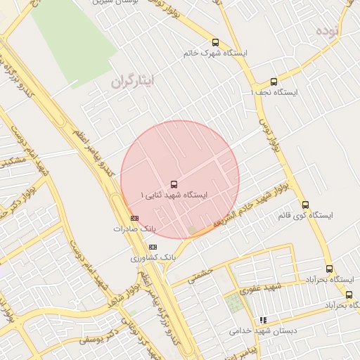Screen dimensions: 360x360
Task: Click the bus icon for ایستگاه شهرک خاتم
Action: [215, 42]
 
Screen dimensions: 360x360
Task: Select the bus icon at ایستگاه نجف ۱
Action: [274, 82]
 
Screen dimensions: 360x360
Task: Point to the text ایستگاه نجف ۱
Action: [275, 93]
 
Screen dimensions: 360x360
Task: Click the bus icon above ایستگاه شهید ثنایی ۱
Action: [174, 184]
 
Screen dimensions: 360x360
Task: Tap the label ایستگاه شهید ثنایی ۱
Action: [174, 195]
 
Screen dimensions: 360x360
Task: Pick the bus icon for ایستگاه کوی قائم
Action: [305, 205]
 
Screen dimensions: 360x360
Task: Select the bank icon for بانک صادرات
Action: [134, 218]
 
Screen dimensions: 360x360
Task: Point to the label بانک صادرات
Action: [134, 229]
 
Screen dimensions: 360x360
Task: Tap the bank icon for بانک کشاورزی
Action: [153, 247]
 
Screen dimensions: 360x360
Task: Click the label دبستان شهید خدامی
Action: [262, 330]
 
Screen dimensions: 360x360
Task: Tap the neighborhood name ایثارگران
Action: [141, 82]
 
